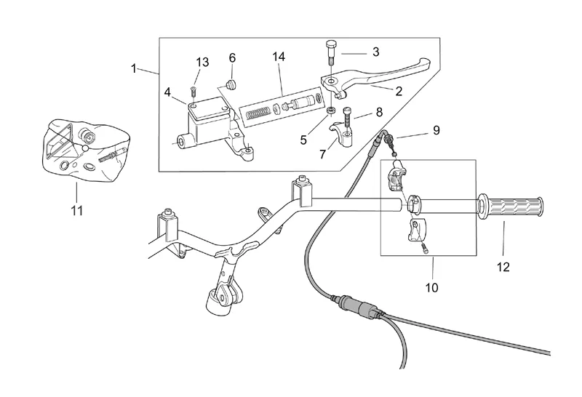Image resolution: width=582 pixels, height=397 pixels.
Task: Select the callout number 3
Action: pyautogui.click(x=375, y=52)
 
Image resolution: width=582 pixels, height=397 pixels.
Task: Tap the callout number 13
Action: pyautogui.click(x=203, y=63)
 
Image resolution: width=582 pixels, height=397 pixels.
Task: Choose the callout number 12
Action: pyautogui.click(x=503, y=267)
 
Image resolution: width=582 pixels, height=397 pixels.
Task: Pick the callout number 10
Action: pyautogui.click(x=431, y=287)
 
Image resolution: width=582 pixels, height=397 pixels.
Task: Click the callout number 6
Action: pyautogui.click(x=233, y=57)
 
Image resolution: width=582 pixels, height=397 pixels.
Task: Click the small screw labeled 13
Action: pyautogui.click(x=194, y=91)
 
